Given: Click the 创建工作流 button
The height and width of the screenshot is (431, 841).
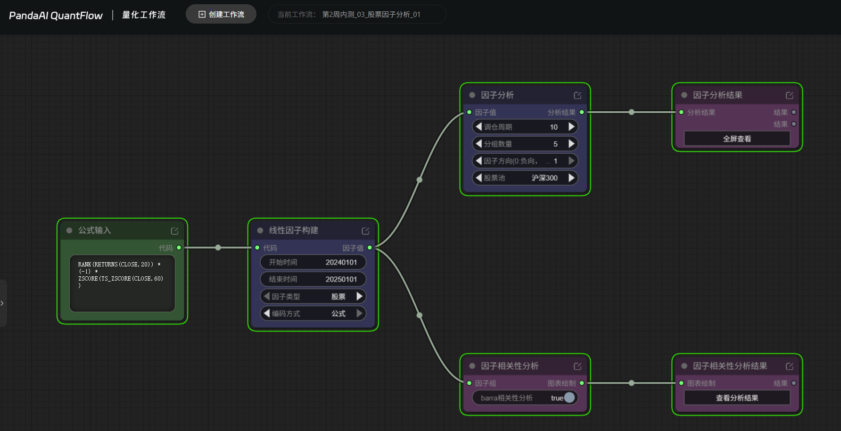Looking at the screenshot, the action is pyautogui.click(x=221, y=14).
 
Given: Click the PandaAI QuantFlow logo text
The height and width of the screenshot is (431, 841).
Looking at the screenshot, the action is pyautogui.click(x=56, y=16).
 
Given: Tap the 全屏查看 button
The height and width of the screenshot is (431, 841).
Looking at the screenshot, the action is pyautogui.click(x=737, y=139).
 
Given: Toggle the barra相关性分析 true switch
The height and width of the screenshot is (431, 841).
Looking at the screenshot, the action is pyautogui.click(x=569, y=398).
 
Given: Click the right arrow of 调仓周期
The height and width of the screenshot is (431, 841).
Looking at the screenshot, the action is pyautogui.click(x=571, y=126).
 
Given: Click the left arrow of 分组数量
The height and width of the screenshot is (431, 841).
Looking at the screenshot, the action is pyautogui.click(x=479, y=143).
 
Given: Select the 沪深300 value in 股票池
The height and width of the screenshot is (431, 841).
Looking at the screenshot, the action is pyautogui.click(x=544, y=178).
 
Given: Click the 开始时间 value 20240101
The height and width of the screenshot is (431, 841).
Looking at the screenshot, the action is pyautogui.click(x=341, y=262).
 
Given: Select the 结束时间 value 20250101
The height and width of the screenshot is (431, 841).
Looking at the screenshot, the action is pyautogui.click(x=341, y=279).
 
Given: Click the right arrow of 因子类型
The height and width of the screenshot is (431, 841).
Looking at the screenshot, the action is pyautogui.click(x=359, y=296).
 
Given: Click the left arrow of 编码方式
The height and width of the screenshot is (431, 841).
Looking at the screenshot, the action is pyautogui.click(x=267, y=313).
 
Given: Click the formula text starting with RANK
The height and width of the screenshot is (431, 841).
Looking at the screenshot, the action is pyautogui.click(x=121, y=275).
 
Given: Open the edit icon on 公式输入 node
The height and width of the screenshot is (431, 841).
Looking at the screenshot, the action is pyautogui.click(x=174, y=231).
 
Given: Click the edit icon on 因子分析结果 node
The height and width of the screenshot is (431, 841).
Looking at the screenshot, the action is pyautogui.click(x=790, y=95).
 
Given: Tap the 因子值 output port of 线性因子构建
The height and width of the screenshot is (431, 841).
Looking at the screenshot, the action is pyautogui.click(x=370, y=248).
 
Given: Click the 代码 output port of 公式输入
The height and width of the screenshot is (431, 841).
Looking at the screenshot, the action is pyautogui.click(x=179, y=248).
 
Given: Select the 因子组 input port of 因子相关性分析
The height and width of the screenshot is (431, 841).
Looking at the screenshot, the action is pyautogui.click(x=470, y=383).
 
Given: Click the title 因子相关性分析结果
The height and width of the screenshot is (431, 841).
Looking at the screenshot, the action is pyautogui.click(x=730, y=366).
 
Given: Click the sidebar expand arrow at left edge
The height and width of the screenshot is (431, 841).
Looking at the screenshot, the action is pyautogui.click(x=2, y=303).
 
